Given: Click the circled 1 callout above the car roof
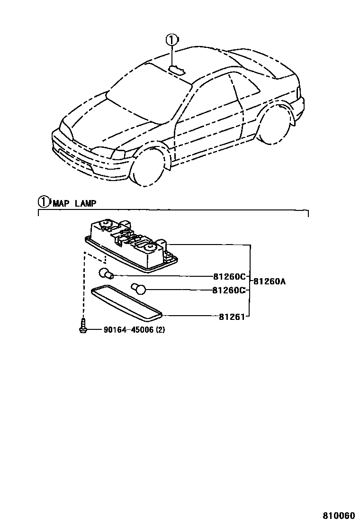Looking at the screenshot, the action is point(172,40).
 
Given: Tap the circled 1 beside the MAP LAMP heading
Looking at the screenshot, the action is point(44,202).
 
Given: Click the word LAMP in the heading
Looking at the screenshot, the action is point(86,203).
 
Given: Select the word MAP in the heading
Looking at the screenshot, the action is point(61,203).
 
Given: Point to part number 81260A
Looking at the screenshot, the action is point(269,281).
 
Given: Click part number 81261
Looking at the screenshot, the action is point(231,317).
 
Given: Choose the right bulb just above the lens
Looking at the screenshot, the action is point(139,288).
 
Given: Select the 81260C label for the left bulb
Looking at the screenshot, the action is point(229,276).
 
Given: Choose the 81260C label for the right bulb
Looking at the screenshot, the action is point(229,290).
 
